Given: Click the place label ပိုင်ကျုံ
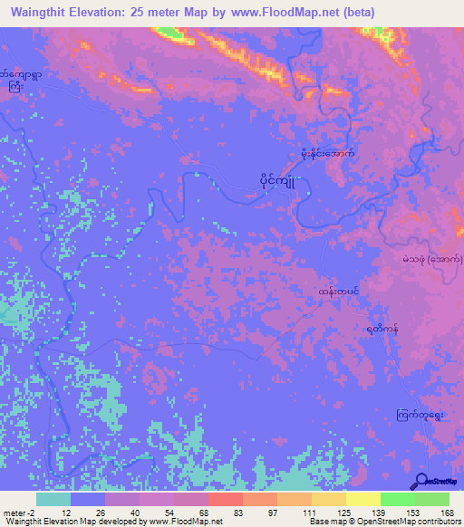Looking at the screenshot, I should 278,180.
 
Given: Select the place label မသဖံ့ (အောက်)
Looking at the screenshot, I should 431,259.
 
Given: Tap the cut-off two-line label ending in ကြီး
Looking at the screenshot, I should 17,81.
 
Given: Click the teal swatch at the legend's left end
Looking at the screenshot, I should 53,499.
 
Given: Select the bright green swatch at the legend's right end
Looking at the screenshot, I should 432,499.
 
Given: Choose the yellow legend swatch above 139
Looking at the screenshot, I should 363,499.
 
